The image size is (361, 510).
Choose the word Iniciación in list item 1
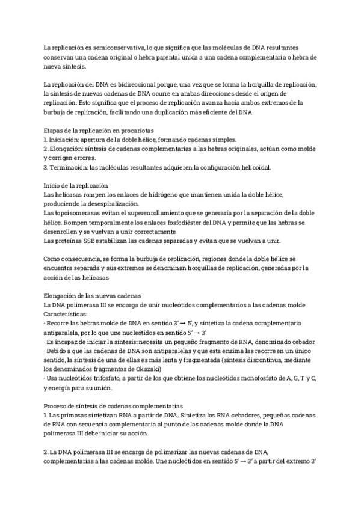pos(65,139)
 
